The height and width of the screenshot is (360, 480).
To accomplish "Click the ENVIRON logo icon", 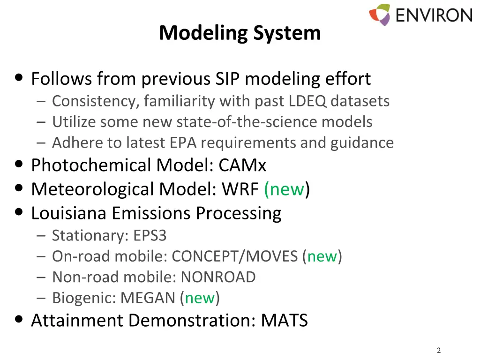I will click(x=380, y=15).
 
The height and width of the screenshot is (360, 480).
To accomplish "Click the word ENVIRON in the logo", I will click(x=433, y=15).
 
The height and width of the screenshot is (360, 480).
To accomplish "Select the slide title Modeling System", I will click(x=240, y=33).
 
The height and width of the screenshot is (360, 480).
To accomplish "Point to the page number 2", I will click(x=439, y=351).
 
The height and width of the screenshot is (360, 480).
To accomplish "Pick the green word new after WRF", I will click(x=285, y=189).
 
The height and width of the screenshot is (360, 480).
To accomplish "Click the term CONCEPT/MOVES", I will click(x=235, y=256).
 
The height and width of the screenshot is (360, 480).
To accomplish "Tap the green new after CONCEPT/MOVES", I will click(x=322, y=256).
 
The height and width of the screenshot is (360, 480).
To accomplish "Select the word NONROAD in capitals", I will click(x=218, y=277).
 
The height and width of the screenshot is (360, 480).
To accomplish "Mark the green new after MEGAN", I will click(x=200, y=298).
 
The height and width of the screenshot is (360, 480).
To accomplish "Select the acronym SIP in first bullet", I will click(x=228, y=79).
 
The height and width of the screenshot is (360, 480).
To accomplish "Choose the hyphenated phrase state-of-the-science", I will click(x=247, y=122).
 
